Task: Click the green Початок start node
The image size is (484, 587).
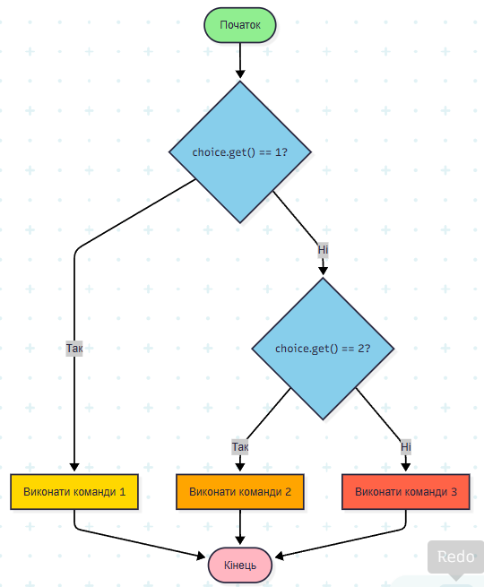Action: coord(240,25)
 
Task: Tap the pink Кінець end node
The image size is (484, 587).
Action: coord(240,565)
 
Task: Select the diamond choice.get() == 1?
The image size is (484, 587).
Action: coord(240,152)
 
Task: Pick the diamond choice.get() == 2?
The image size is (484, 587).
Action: coord(323,349)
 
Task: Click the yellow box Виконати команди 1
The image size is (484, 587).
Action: coord(74,491)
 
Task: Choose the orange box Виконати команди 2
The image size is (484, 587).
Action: coord(240,491)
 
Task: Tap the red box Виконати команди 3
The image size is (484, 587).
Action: coord(406,491)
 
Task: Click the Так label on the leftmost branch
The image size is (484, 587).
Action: coord(74,348)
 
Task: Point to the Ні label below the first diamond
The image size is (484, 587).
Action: coord(323,249)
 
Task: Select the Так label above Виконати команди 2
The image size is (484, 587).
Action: coord(240,446)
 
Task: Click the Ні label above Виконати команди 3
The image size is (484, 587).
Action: coord(406,446)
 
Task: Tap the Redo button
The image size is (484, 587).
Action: coord(456,557)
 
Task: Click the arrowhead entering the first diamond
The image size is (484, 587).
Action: coord(240,74)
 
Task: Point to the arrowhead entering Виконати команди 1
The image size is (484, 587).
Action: coord(74,467)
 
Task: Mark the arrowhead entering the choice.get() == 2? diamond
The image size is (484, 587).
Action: coord(323,271)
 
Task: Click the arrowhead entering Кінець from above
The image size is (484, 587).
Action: coord(240,540)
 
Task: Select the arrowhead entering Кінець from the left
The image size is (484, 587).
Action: coord(201,557)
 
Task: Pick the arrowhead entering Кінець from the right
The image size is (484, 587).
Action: coord(280,557)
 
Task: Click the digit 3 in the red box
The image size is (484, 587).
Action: coord(454,491)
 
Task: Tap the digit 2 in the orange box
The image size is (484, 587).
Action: coord(288,491)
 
